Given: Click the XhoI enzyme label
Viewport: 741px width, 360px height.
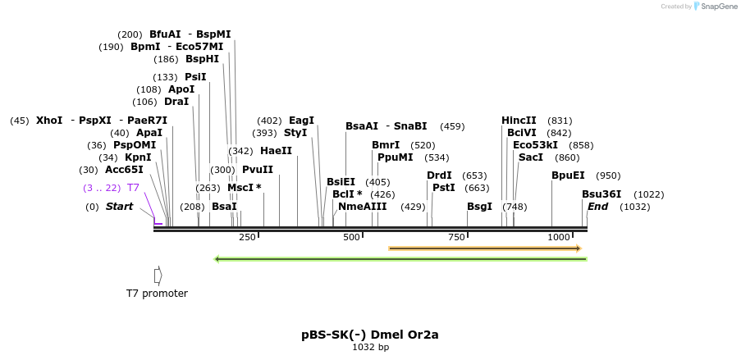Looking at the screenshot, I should click(x=49, y=121).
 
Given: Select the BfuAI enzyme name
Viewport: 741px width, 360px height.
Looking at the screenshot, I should click(x=165, y=34).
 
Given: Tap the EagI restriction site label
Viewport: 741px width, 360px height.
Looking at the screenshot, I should click(x=301, y=121).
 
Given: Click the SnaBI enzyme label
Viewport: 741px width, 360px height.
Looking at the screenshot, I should click(x=410, y=126).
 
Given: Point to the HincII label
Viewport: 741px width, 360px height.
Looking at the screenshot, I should click(x=519, y=121).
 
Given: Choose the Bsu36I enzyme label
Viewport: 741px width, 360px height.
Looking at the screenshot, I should click(x=601, y=194).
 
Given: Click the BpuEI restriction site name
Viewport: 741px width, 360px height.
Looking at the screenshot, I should click(x=568, y=175).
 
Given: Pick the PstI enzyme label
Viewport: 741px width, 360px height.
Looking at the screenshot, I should click(x=443, y=188).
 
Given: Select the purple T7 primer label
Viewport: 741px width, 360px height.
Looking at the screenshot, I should click(x=133, y=188).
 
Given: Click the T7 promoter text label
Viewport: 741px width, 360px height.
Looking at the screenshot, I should click(x=157, y=294).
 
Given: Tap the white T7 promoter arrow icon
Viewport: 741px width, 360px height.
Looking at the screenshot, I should click(x=158, y=276).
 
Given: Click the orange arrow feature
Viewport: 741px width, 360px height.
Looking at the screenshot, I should click(x=484, y=248).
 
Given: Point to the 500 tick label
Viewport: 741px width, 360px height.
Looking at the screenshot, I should click(x=352, y=237).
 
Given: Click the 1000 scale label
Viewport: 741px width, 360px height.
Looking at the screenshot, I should click(x=559, y=237).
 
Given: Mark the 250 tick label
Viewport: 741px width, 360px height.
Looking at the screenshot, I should click(x=247, y=237).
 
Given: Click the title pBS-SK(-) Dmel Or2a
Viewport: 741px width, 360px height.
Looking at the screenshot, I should click(x=370, y=335).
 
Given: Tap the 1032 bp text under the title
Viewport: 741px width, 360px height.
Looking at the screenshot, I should click(x=370, y=348).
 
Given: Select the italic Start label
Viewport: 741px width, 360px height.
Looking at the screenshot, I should click(x=119, y=207).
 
